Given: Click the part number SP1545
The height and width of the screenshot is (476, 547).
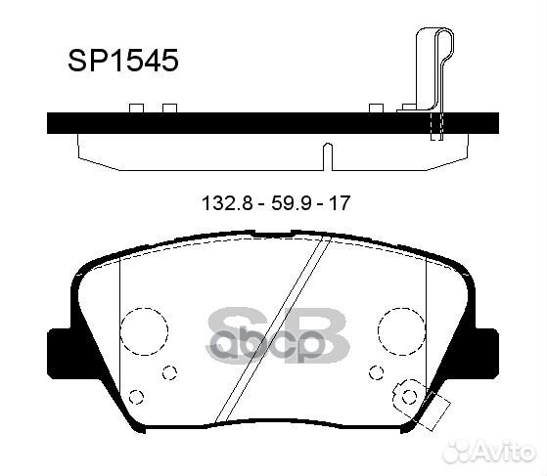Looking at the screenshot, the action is coord(123,61).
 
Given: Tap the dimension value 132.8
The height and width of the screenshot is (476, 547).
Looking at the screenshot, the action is coord(227,203).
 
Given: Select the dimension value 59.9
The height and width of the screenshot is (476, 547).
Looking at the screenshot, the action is coord(292,203).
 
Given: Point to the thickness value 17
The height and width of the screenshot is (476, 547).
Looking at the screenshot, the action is coord(340,203).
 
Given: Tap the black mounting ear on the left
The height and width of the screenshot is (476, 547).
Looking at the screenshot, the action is coord(59,353).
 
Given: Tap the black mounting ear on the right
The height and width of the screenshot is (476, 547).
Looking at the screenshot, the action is coord(486,353).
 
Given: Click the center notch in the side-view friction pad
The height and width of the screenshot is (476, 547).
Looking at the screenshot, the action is coord(328,156).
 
